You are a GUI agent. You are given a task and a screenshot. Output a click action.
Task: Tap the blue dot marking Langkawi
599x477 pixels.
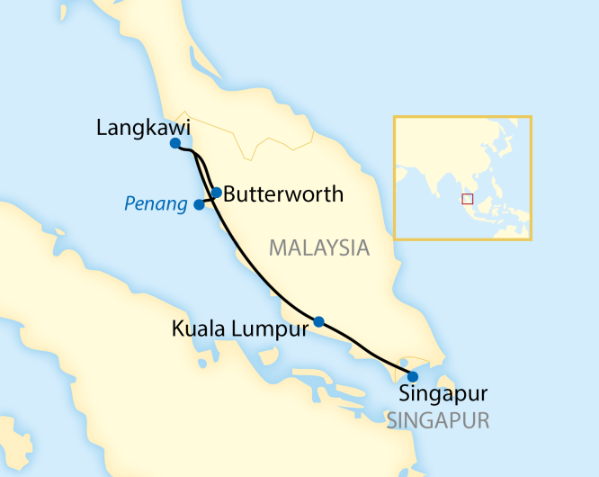point(175,143)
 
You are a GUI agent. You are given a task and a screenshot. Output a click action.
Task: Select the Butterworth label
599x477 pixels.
point(282,193)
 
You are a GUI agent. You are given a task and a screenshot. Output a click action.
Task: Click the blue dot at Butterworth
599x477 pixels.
point(217,192)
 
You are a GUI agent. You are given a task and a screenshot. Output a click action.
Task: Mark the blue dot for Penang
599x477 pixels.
point(199,204)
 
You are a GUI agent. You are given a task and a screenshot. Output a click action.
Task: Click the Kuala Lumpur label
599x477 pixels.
point(239,329)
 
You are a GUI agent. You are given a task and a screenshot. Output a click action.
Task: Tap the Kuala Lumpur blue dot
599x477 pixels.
point(318,321)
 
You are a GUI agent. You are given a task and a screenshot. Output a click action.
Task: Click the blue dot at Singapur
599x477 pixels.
point(413,376)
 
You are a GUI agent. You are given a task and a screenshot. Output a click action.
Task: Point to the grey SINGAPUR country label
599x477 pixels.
point(438,420)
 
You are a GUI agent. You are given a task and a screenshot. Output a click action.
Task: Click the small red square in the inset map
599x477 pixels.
point(467,199)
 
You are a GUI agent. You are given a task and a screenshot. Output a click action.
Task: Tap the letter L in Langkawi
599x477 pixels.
point(102,129)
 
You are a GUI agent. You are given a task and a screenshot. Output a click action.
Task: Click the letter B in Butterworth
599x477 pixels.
point(229,193)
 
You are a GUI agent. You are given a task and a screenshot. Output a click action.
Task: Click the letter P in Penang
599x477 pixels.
point(129,204)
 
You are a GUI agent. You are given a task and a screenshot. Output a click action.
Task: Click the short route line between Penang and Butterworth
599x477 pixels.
point(208,201)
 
